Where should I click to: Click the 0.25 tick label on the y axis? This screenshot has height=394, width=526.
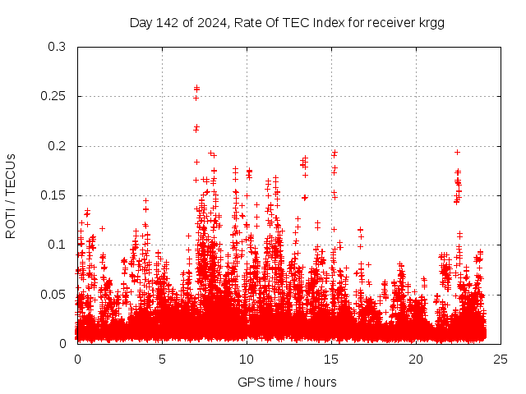tap(54, 97)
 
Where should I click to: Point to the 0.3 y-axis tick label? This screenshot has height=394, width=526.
tap(58, 47)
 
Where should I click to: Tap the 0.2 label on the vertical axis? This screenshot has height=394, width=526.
tap(58, 146)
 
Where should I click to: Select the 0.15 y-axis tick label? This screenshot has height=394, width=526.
tap(54, 195)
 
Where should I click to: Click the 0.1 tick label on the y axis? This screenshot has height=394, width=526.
tap(58, 245)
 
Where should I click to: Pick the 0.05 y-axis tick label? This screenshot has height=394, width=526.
tap(54, 294)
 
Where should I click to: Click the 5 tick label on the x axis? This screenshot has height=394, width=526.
tap(162, 359)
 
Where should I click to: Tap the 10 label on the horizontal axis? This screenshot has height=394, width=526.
tap(247, 359)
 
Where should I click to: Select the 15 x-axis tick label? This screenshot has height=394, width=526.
tap(331, 359)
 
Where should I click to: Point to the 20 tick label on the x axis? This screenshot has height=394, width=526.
tap(416, 359)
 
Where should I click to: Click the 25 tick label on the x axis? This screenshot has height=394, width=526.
tap(501, 359)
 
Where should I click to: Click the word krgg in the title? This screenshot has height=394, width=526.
tap(431, 22)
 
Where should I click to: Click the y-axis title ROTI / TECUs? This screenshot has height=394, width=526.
tap(11, 195)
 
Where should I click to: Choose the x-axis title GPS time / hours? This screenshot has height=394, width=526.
tap(287, 382)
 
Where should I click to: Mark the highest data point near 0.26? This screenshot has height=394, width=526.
tap(196, 88)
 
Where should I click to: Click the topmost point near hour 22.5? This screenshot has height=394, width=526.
tap(457, 152)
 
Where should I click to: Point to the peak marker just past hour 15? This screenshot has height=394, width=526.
tap(335, 153)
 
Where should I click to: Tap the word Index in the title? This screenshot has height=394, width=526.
tap(328, 22)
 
